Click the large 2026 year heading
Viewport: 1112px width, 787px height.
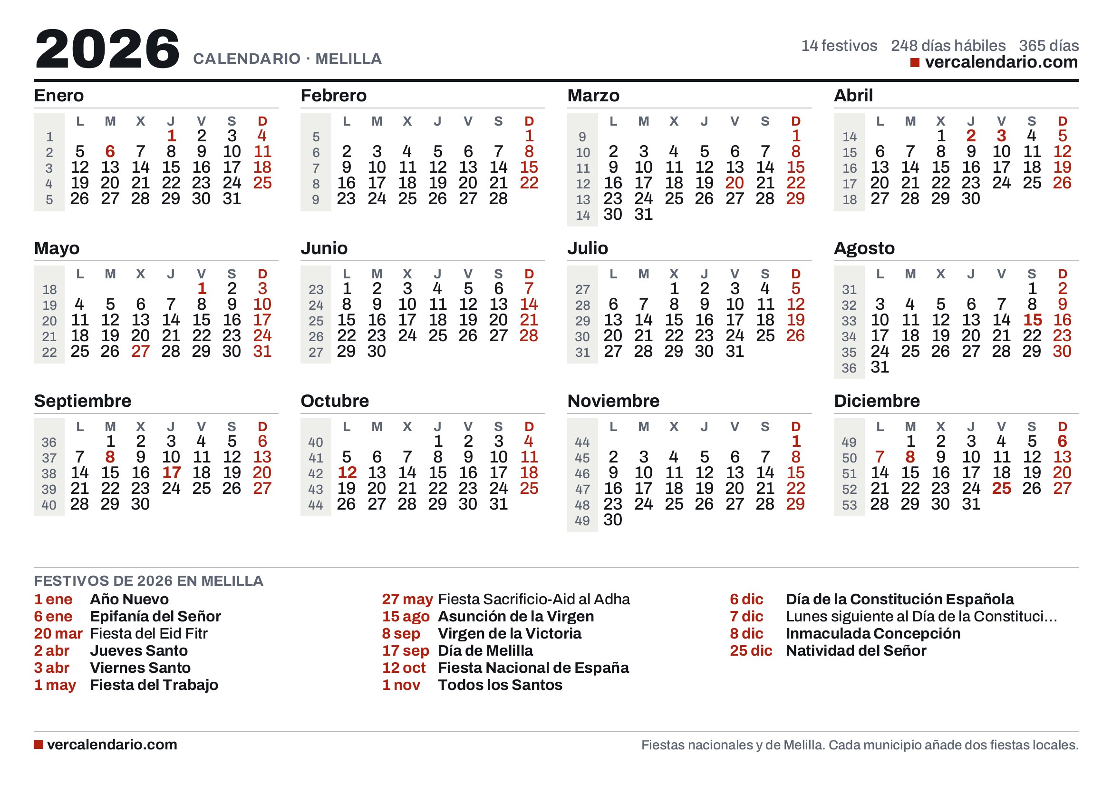[107, 49]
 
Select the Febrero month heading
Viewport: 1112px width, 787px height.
[334, 96]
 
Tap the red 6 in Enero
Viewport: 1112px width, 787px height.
[110, 152]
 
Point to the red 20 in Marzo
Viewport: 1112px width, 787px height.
[735, 183]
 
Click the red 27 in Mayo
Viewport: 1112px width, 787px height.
[140, 351]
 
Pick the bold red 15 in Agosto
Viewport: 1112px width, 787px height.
[1033, 320]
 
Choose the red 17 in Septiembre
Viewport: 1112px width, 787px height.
[172, 472]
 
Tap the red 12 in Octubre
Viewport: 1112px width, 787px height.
[347, 472]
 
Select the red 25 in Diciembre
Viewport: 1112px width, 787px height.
[1002, 489]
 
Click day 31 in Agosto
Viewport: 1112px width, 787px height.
[880, 367]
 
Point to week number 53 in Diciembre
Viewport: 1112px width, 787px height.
[849, 505]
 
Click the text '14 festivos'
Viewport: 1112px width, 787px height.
[839, 46]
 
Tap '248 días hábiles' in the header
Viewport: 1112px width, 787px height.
[948, 46]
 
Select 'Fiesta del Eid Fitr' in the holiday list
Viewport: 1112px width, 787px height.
[149, 633]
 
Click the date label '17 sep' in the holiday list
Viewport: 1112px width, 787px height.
[406, 651]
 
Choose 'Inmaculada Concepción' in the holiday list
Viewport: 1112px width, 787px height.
[873, 633]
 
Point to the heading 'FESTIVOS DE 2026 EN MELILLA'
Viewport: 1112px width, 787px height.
[149, 580]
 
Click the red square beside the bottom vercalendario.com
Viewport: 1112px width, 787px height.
[38, 744]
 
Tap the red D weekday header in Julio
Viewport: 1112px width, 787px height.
[796, 274]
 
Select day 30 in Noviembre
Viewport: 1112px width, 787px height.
[613, 520]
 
